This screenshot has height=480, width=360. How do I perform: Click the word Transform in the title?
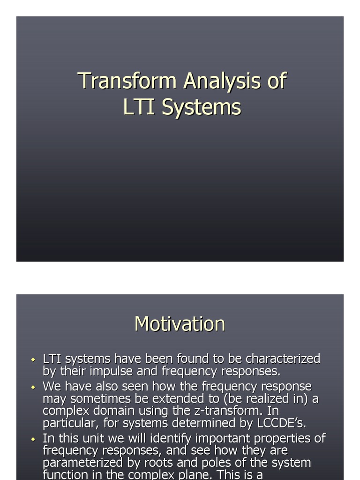[128, 81]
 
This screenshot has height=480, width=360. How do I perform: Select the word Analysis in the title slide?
[223, 81]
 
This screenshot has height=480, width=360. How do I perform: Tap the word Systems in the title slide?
[201, 107]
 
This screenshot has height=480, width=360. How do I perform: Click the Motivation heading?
[180, 324]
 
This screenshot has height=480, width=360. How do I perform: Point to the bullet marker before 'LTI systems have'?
[33, 360]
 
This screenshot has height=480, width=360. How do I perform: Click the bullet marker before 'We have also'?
[33, 388]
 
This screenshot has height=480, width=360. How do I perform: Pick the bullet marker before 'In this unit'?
[33, 440]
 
